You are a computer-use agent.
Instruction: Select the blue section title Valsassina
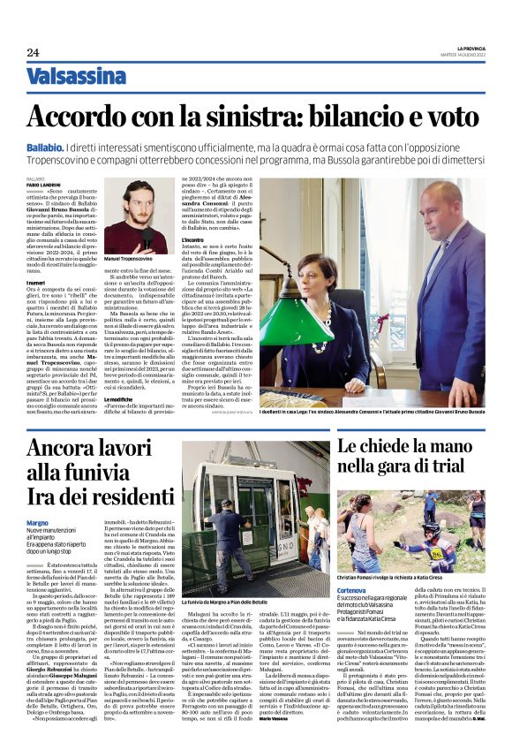(76, 78)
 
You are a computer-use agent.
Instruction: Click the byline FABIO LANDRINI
(41, 184)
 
